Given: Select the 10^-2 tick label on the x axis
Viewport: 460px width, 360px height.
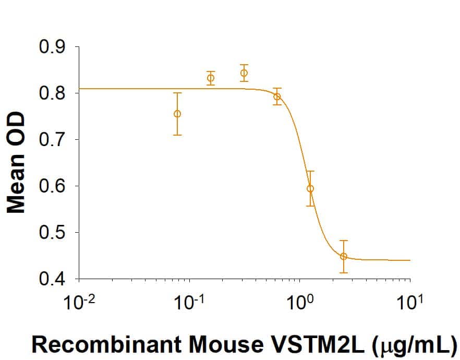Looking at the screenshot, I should click(79, 303).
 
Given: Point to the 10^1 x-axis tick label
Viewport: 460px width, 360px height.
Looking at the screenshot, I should click(410, 303).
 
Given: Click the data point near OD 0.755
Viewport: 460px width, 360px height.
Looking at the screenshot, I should click(177, 114).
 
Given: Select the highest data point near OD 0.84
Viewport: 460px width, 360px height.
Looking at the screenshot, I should click(244, 73).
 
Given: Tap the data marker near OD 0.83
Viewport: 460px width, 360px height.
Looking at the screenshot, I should click(211, 78).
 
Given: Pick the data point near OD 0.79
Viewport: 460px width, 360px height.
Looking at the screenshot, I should click(277, 97).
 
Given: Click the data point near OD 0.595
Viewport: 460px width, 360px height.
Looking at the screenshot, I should click(310, 188).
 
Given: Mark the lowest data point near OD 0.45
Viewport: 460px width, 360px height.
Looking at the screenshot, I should click(343, 256).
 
